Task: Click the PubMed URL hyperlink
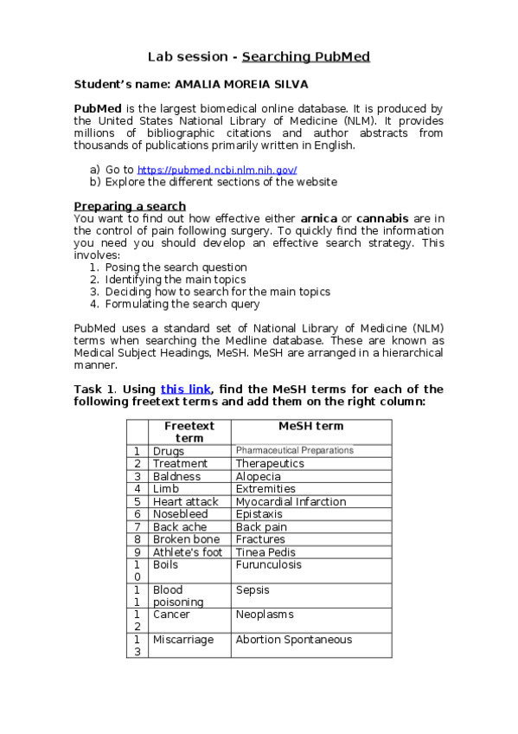click(217, 171)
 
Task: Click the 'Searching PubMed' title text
click(305, 57)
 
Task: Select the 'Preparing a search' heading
click(130, 206)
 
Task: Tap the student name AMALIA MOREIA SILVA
click(241, 85)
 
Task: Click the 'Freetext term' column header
click(189, 431)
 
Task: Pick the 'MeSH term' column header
click(310, 426)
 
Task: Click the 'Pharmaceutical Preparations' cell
click(295, 451)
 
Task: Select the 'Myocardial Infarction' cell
click(291, 501)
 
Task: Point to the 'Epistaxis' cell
click(259, 514)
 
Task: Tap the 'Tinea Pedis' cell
click(265, 552)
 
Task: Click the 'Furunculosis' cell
click(269, 564)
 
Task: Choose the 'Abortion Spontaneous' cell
click(294, 640)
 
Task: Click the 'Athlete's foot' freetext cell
click(188, 552)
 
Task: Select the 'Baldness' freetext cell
click(176, 476)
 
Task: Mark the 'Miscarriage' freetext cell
click(183, 640)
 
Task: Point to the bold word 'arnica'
click(319, 219)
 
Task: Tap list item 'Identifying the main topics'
click(176, 280)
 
